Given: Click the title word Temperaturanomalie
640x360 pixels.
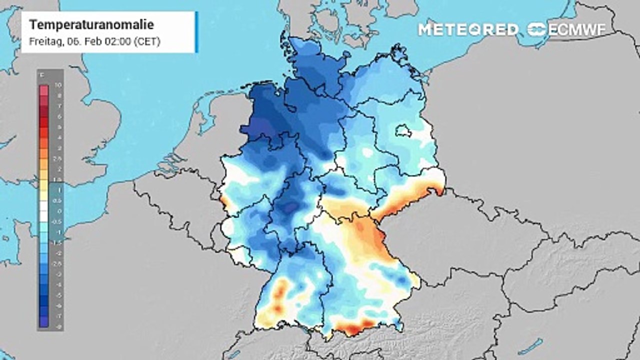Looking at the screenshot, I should click(x=91, y=25).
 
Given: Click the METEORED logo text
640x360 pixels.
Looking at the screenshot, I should click(x=468, y=29).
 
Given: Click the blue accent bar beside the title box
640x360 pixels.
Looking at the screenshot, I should click(x=196, y=32).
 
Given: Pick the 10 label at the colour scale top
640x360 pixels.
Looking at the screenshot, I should click(x=58, y=85).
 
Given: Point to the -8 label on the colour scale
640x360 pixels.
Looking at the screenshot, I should click(x=58, y=325).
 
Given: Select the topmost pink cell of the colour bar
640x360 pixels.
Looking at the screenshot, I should click(x=44, y=90).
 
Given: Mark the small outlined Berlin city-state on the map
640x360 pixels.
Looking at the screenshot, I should click(x=403, y=131).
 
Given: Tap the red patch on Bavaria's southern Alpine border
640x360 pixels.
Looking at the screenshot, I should click(x=350, y=328).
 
